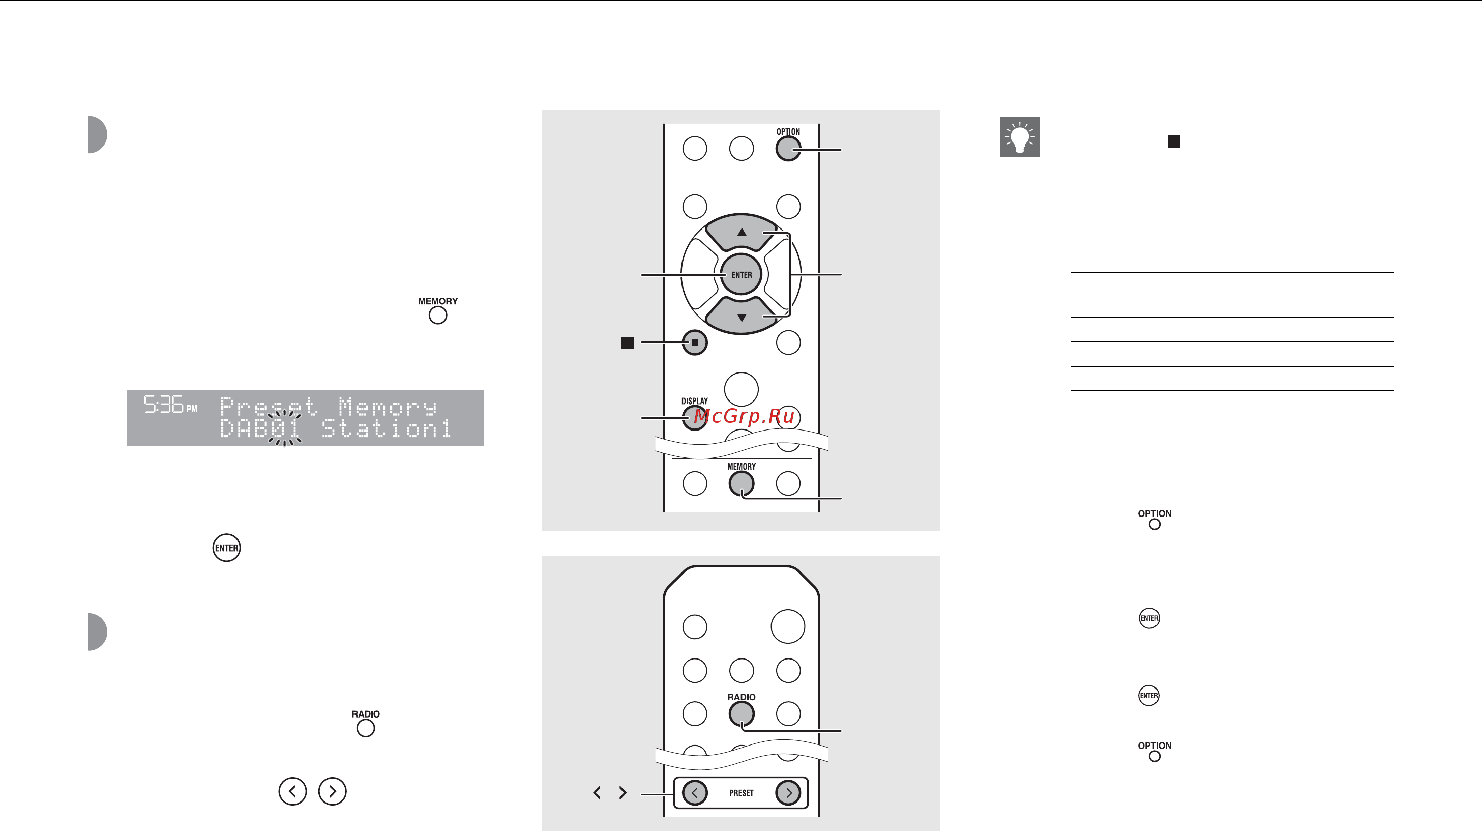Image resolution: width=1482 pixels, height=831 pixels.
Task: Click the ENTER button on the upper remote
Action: click(x=741, y=274)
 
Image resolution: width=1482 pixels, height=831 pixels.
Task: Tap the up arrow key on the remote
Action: click(x=742, y=232)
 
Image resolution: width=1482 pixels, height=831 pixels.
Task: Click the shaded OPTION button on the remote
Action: click(x=788, y=149)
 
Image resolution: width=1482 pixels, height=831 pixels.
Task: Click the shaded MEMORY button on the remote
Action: click(x=741, y=483)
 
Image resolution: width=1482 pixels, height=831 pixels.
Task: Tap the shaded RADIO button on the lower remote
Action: click(x=741, y=713)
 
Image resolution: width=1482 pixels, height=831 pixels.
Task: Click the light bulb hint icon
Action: click(x=1020, y=137)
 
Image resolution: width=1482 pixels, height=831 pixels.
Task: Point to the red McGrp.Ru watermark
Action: click(x=744, y=415)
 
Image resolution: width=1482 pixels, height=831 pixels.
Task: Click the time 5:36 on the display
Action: click(x=163, y=405)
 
